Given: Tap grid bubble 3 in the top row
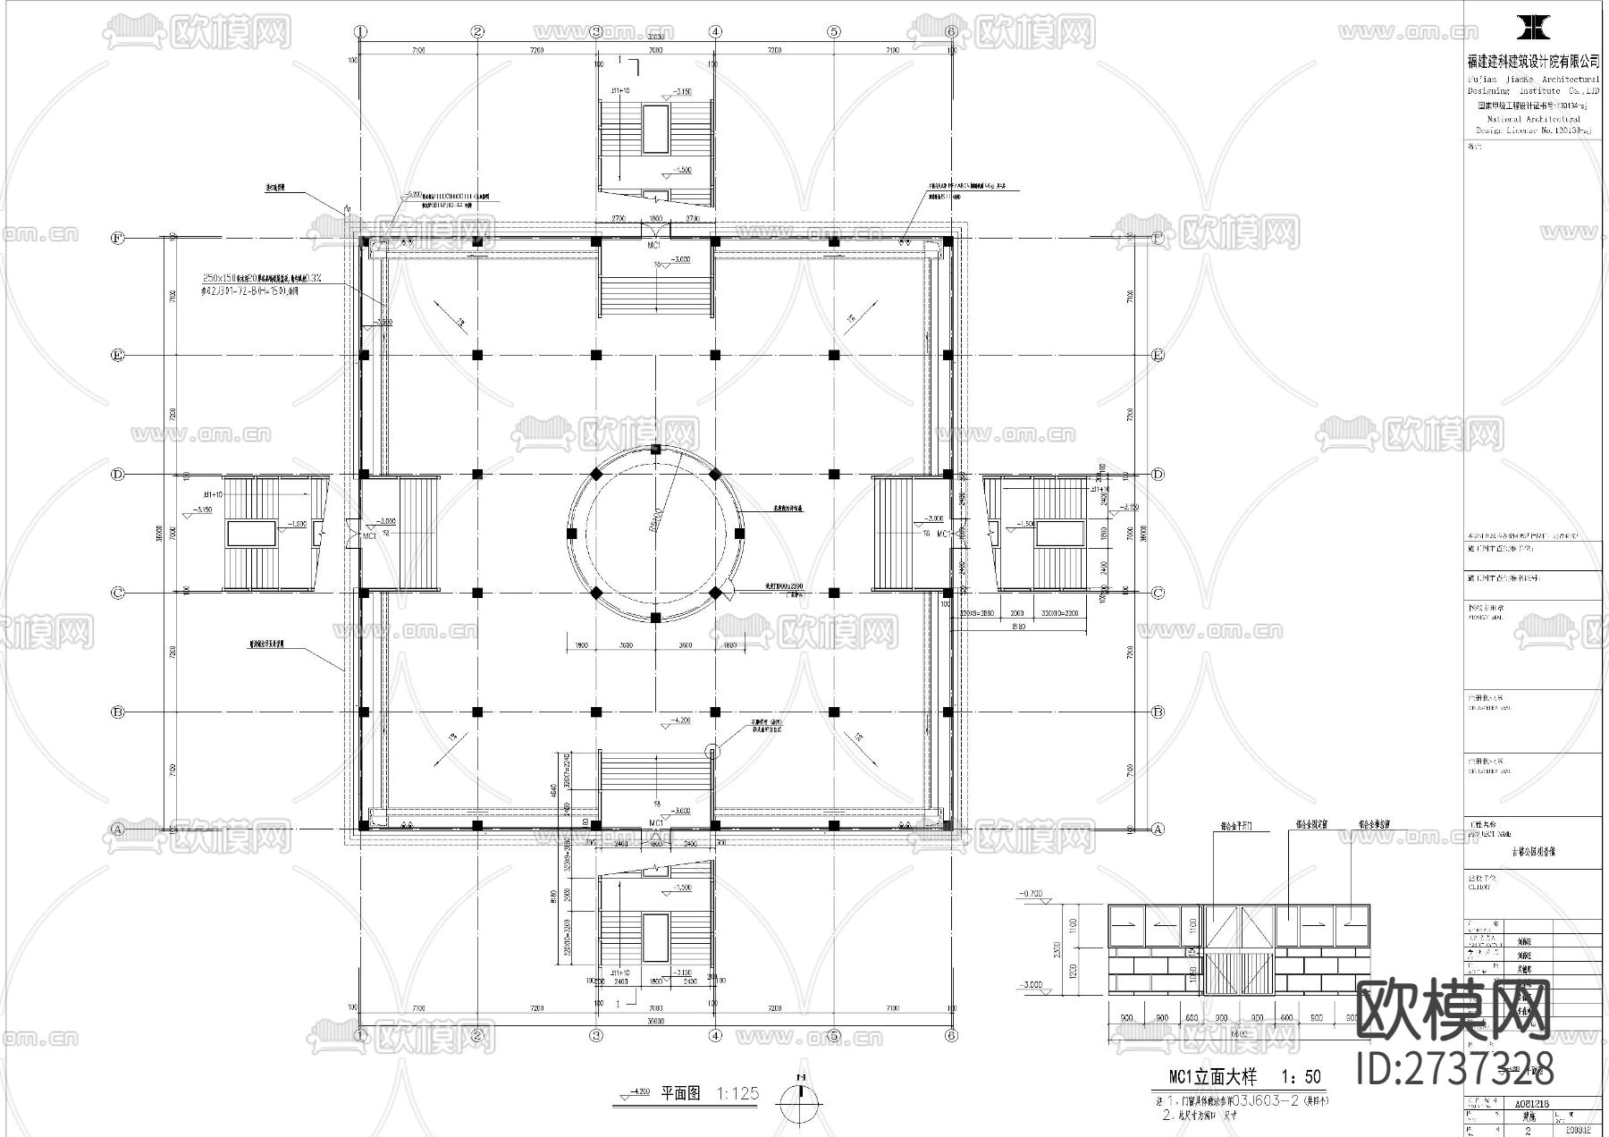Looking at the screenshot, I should [x=597, y=31].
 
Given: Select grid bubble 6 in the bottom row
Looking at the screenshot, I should [x=951, y=1036].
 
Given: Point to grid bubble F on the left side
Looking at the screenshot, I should [x=117, y=238].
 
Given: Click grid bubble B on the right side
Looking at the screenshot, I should [x=1158, y=712].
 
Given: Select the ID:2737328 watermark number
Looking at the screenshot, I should [x=1454, y=1069].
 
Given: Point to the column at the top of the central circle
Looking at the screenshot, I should [x=655, y=449].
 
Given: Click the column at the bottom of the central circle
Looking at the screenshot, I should [x=655, y=618].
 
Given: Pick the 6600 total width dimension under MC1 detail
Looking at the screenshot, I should [x=1239, y=1032].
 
